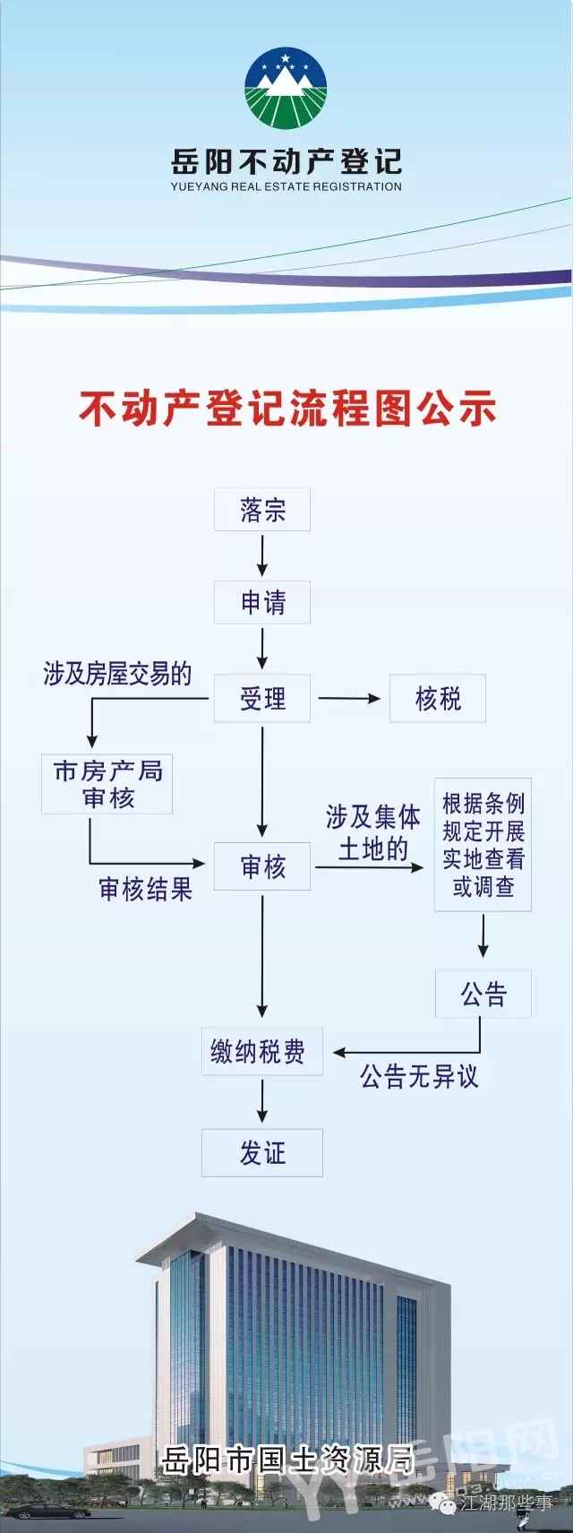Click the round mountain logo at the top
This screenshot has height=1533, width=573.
pos(286,89)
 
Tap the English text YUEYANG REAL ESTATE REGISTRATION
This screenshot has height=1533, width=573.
pos(286,187)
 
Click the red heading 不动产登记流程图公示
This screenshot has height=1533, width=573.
pos(286,409)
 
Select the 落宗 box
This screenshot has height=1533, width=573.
pos(262,510)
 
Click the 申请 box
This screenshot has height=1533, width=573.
pos(262,602)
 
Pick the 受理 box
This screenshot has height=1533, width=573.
pos(262,698)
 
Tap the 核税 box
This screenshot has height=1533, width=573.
pos(438,698)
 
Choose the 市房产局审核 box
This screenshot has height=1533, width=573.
pos(107,784)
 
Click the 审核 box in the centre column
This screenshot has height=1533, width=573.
pos(262,866)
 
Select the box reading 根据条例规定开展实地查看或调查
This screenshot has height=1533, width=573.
pos(483,844)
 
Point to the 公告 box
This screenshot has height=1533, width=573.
pos(483,994)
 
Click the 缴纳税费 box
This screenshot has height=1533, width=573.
pos(258,1051)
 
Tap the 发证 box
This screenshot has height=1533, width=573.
pos(262,1152)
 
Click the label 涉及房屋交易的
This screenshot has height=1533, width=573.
pos(117,674)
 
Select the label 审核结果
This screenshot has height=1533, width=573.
pos(145,890)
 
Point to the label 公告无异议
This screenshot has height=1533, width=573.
pos(419,1076)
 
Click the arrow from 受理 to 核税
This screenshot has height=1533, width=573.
pos(349,698)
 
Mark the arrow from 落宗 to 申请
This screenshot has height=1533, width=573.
pos(262,555)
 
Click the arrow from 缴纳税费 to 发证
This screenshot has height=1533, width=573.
pos(262,1101)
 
